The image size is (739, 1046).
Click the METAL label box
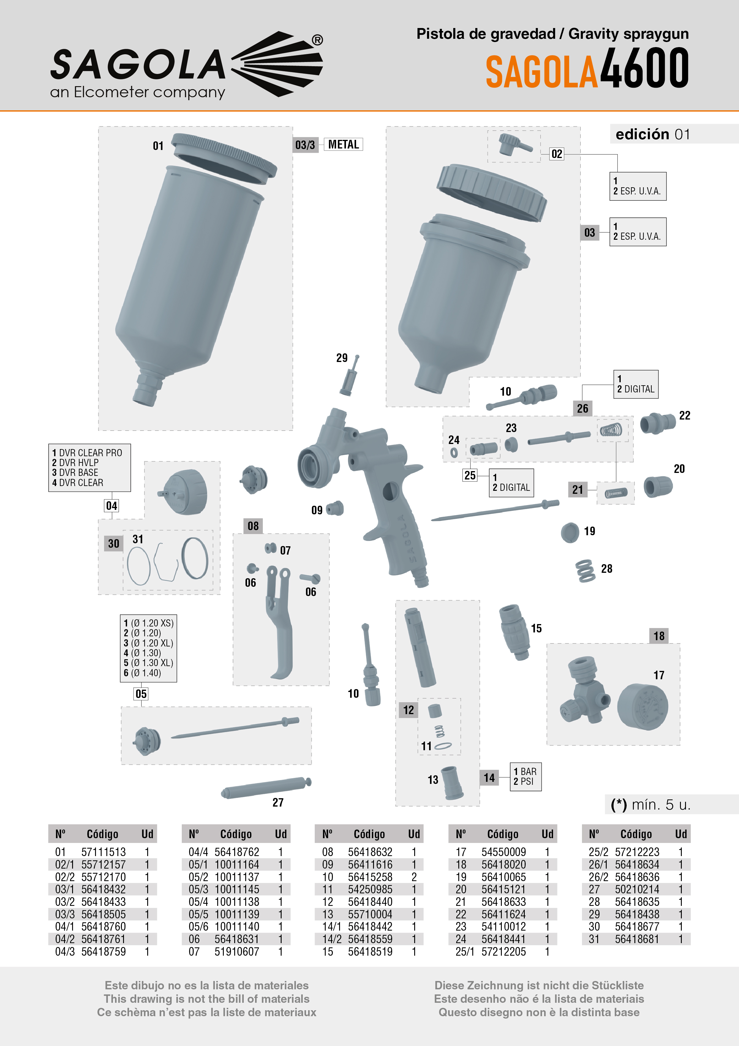tap(343, 144)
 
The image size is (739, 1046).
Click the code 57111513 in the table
tap(103, 852)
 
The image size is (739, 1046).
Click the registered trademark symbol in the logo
tap(317, 40)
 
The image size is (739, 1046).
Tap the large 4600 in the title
tap(644, 68)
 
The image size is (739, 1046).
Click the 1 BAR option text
tap(525, 771)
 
